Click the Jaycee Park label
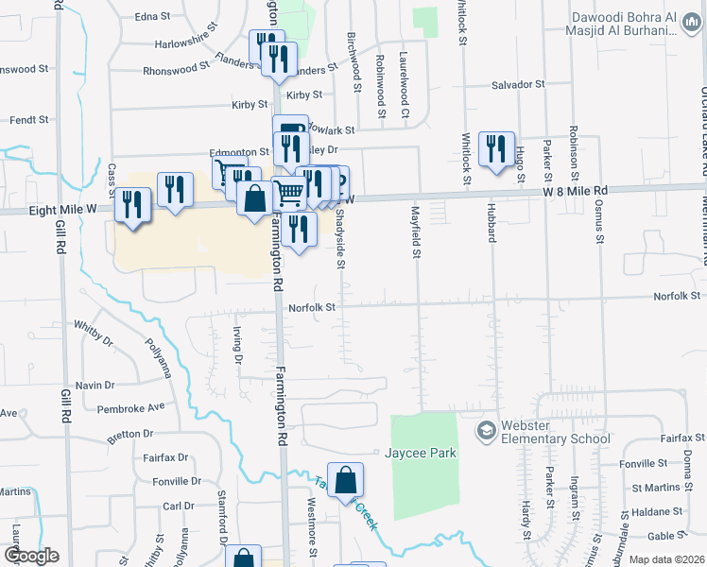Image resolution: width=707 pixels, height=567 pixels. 421,453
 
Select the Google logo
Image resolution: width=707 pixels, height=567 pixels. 31,556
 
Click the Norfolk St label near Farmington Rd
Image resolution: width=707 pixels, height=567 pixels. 312,307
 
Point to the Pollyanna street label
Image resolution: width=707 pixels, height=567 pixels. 157,356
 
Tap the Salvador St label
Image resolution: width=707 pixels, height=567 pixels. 519,85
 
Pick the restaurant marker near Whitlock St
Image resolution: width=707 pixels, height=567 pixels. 495,148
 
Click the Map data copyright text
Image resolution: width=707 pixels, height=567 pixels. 665,559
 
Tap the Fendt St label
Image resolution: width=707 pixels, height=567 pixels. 28,120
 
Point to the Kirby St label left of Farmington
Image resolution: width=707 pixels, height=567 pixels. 250,105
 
